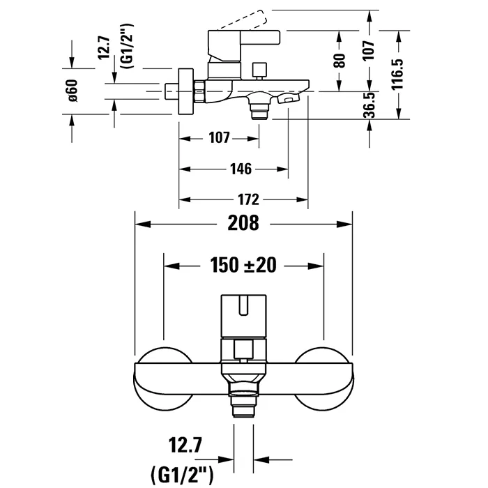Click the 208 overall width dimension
244,224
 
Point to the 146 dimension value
241,169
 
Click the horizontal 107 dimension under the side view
219,138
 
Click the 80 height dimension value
340,59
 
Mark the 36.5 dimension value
370,105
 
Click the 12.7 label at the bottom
181,443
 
